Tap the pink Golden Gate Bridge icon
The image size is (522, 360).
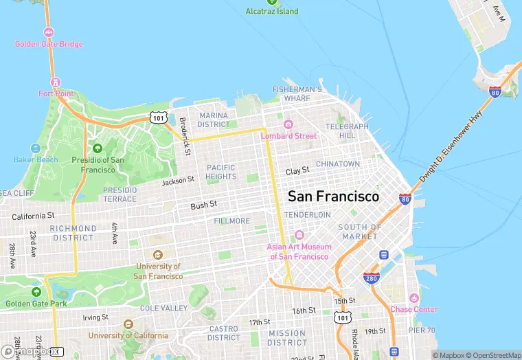49,32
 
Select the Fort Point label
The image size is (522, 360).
55,93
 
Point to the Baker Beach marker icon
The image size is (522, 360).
36,148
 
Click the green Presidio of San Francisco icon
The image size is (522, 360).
98,148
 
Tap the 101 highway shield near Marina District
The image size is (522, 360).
159,118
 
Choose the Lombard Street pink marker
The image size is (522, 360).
288,124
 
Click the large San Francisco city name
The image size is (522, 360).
333,196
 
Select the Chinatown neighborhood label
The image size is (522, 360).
337,164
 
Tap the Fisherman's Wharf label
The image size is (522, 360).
297,93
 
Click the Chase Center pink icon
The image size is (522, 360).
413,298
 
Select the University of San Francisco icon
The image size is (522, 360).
158,255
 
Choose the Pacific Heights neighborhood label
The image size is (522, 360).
220,172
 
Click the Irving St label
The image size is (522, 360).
95,317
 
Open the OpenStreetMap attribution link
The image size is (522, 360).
492,355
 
